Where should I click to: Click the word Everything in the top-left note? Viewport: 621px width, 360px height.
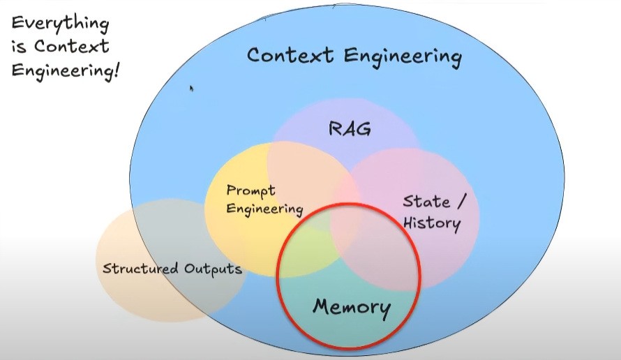[61, 25]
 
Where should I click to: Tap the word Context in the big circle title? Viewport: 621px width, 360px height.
[289, 54]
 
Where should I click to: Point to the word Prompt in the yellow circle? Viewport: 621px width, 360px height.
[251, 190]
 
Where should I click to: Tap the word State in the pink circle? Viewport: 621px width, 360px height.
[426, 202]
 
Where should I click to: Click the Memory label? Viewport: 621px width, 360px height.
[351, 306]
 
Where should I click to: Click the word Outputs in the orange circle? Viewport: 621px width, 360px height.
[214, 269]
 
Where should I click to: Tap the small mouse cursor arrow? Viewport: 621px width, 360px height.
[190, 89]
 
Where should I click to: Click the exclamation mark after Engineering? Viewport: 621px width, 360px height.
[117, 71]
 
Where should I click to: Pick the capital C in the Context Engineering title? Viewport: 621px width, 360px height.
[255, 54]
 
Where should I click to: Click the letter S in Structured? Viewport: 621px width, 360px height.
[107, 269]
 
